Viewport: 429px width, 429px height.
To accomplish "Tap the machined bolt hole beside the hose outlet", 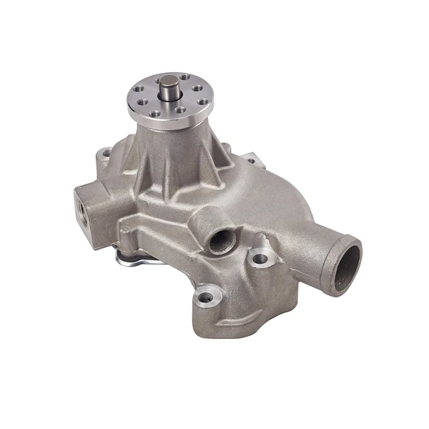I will click(261, 258).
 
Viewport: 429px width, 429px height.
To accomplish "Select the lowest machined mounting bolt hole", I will click(207, 296).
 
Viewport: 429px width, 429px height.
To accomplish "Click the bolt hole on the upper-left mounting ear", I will click(105, 152).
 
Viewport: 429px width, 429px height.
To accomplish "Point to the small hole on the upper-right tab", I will click(251, 158).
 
